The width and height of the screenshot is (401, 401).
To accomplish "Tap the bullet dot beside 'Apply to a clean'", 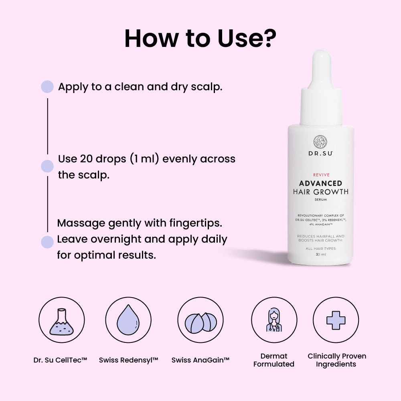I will click(x=47, y=87).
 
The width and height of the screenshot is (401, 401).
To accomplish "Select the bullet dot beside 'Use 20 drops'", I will click(x=47, y=166).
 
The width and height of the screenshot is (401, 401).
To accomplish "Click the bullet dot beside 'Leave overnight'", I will click(x=47, y=242).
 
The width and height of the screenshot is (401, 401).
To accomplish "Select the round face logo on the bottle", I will click(x=320, y=142).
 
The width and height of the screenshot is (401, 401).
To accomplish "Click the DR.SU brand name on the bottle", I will click(x=320, y=153).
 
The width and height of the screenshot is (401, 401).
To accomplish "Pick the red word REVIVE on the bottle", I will click(x=320, y=175).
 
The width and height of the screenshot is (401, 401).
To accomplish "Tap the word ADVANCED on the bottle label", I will click(x=320, y=183).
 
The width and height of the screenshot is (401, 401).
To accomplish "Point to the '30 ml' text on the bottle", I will click(x=320, y=255).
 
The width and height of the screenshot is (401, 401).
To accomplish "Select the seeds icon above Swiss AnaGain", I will click(x=200, y=321).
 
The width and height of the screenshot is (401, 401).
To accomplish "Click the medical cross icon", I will click(x=336, y=320).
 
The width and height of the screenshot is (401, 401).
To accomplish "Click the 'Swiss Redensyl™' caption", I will click(x=129, y=360).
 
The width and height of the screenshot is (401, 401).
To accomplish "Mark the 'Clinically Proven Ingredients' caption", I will click(x=337, y=360).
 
